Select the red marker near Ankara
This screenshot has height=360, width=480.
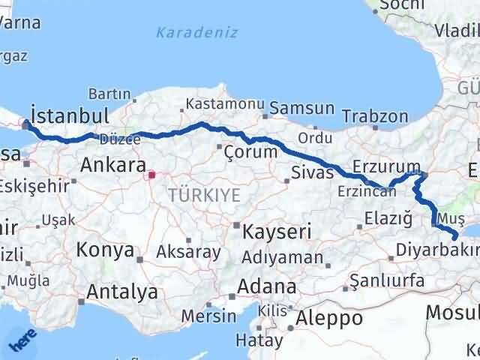click(x=151, y=175)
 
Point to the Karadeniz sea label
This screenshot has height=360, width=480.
click(x=196, y=32)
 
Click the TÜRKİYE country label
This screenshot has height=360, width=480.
click(x=204, y=195)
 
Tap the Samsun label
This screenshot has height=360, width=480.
click(x=301, y=108)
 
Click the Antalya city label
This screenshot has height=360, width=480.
click(x=122, y=292)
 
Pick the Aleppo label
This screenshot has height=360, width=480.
click(x=329, y=317)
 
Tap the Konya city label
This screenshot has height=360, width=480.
click(x=105, y=250)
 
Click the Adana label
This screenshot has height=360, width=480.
click(x=266, y=286)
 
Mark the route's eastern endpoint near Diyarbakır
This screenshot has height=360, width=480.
click(x=456, y=238)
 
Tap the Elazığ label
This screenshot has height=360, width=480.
click(x=388, y=219)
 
